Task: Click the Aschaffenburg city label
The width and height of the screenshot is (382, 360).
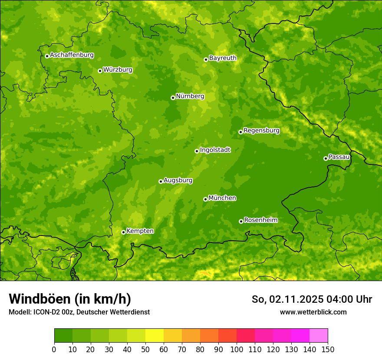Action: coord(72,55)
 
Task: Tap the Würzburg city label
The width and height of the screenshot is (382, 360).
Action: coord(118,70)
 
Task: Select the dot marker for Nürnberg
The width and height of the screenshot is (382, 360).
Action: coord(173,98)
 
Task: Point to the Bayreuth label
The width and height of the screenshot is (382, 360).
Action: coord(223,58)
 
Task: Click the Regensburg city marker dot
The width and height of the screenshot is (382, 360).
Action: coord(240,132)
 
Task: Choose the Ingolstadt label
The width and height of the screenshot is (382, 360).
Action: coord(215,150)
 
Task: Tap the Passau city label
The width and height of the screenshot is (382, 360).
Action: coord(339,157)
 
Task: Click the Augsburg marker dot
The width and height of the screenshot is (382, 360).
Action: coord(161,181)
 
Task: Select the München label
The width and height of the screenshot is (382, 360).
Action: coord(222,198)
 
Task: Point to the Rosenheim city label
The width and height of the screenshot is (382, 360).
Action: coord(261,220)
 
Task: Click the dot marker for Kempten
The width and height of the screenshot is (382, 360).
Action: coord(123,232)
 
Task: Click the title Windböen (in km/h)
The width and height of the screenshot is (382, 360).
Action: coord(70,299)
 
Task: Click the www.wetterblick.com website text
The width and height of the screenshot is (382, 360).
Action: coord(313,312)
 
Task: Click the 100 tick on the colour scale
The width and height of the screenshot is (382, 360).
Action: coord(237,349)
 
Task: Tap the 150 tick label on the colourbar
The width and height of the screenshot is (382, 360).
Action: coord(328,349)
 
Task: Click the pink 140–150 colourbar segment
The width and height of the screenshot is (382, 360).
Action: coord(319,336)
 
